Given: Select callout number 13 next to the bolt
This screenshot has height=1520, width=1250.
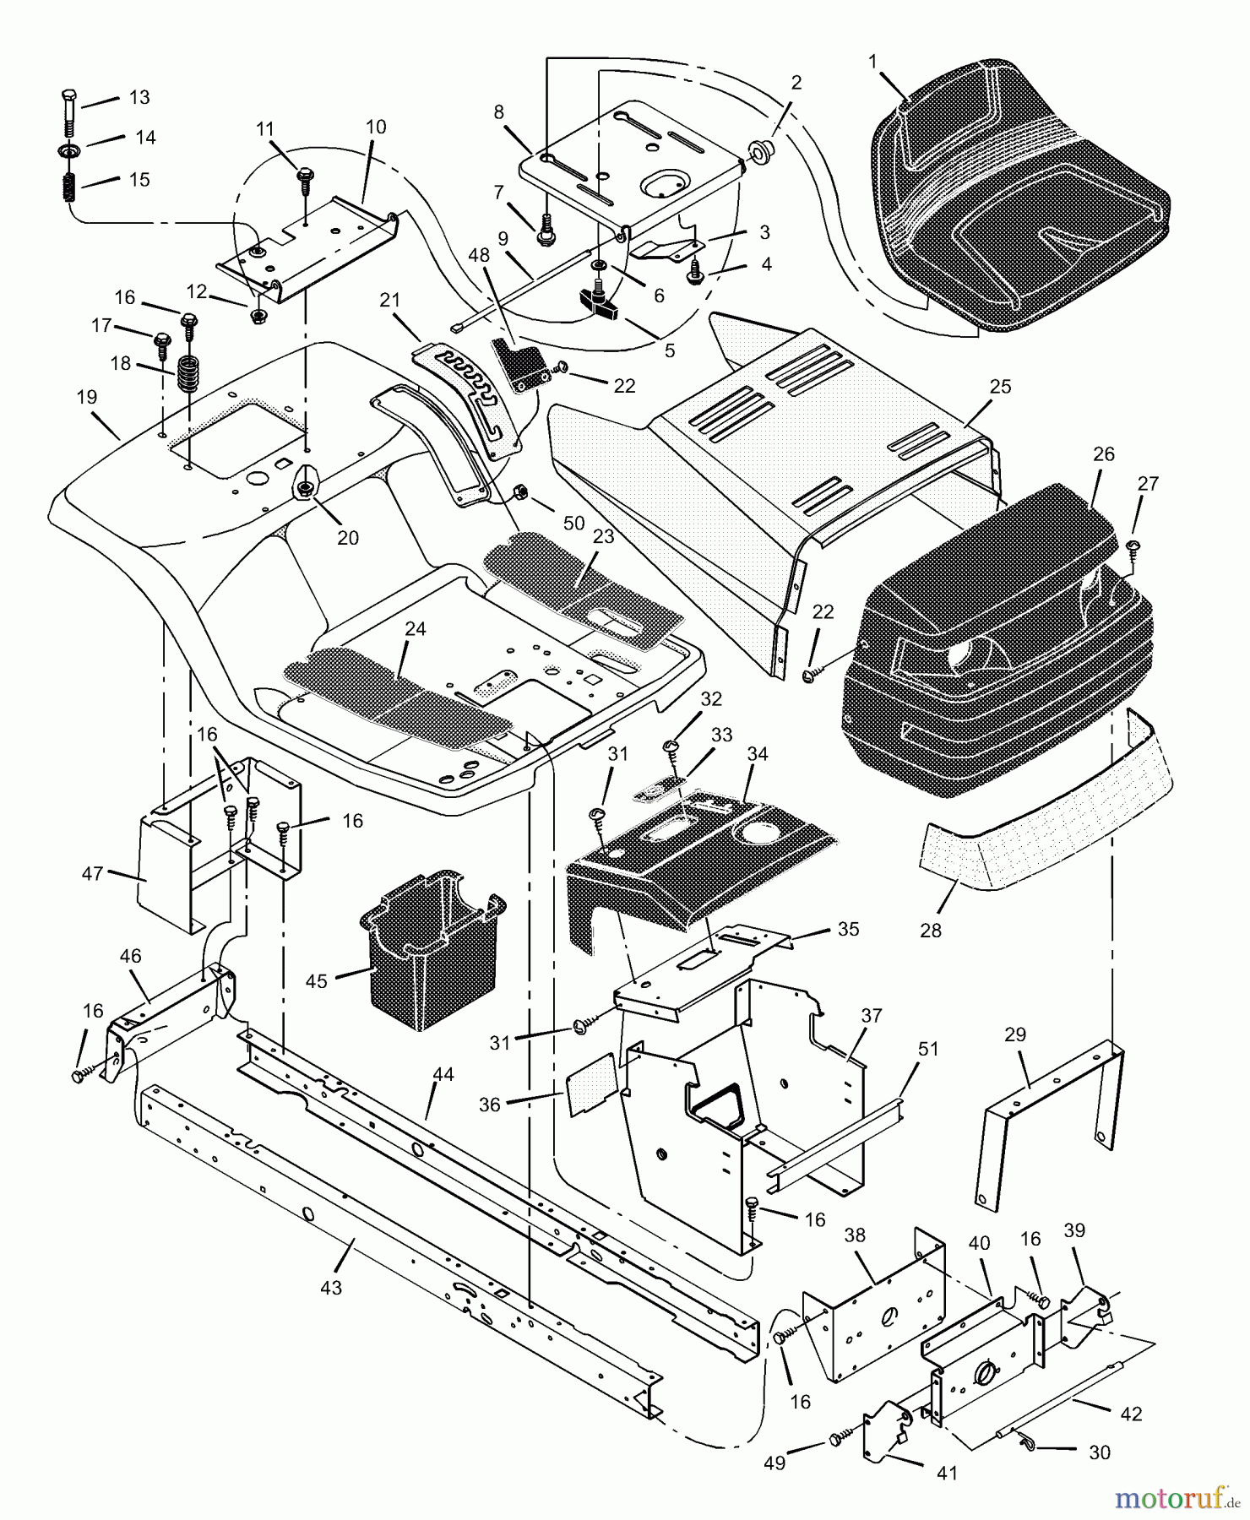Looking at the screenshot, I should point(139,98).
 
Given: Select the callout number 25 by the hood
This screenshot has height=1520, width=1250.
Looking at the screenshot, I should point(1000,387).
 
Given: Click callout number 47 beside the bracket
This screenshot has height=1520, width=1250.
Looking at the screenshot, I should point(92,874).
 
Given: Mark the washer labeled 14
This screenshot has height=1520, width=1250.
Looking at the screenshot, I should point(68,149).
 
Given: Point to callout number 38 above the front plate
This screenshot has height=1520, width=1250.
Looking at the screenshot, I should point(855,1235).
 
